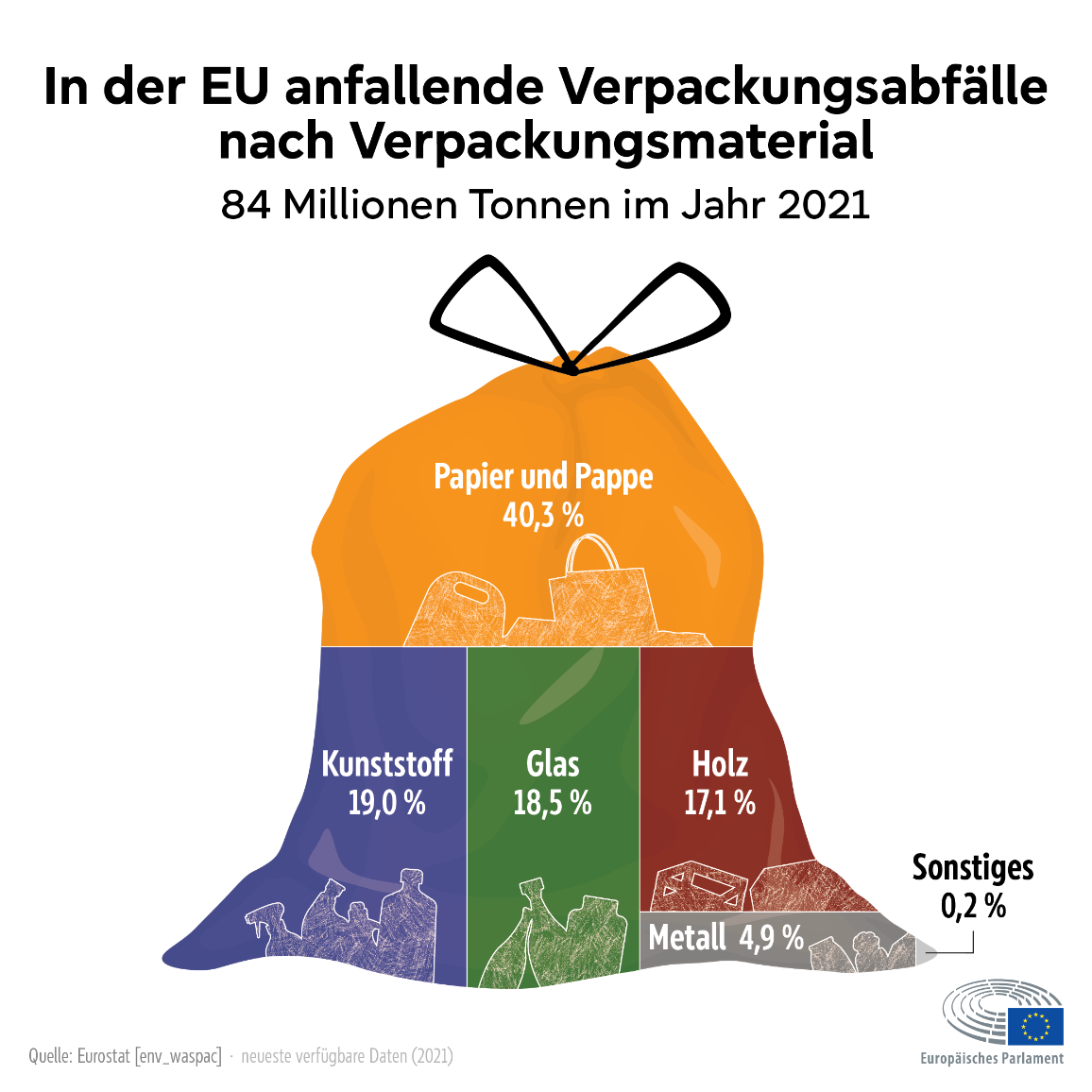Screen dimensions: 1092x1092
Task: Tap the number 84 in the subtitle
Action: click(x=246, y=205)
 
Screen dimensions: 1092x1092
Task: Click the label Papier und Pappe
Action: click(x=543, y=477)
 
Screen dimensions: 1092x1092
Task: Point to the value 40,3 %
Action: click(x=543, y=516)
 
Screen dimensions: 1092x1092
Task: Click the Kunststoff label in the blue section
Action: click(x=387, y=764)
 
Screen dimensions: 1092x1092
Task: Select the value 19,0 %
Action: click(x=387, y=803)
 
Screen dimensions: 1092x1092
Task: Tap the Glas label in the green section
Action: click(x=553, y=764)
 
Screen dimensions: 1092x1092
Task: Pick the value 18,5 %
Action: click(x=553, y=803)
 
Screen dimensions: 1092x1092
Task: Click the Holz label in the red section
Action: click(x=720, y=764)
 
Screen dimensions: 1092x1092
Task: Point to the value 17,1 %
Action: click(x=720, y=803)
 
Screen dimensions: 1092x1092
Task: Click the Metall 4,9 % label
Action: click(x=726, y=937)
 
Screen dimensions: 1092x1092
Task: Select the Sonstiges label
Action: click(x=973, y=868)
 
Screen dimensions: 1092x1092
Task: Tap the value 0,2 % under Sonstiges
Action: click(x=974, y=906)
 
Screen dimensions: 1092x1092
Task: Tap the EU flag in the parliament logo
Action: click(x=1035, y=1026)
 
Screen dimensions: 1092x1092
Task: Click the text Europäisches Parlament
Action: click(x=992, y=1059)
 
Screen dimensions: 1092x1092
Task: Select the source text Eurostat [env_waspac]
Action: click(x=149, y=1056)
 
